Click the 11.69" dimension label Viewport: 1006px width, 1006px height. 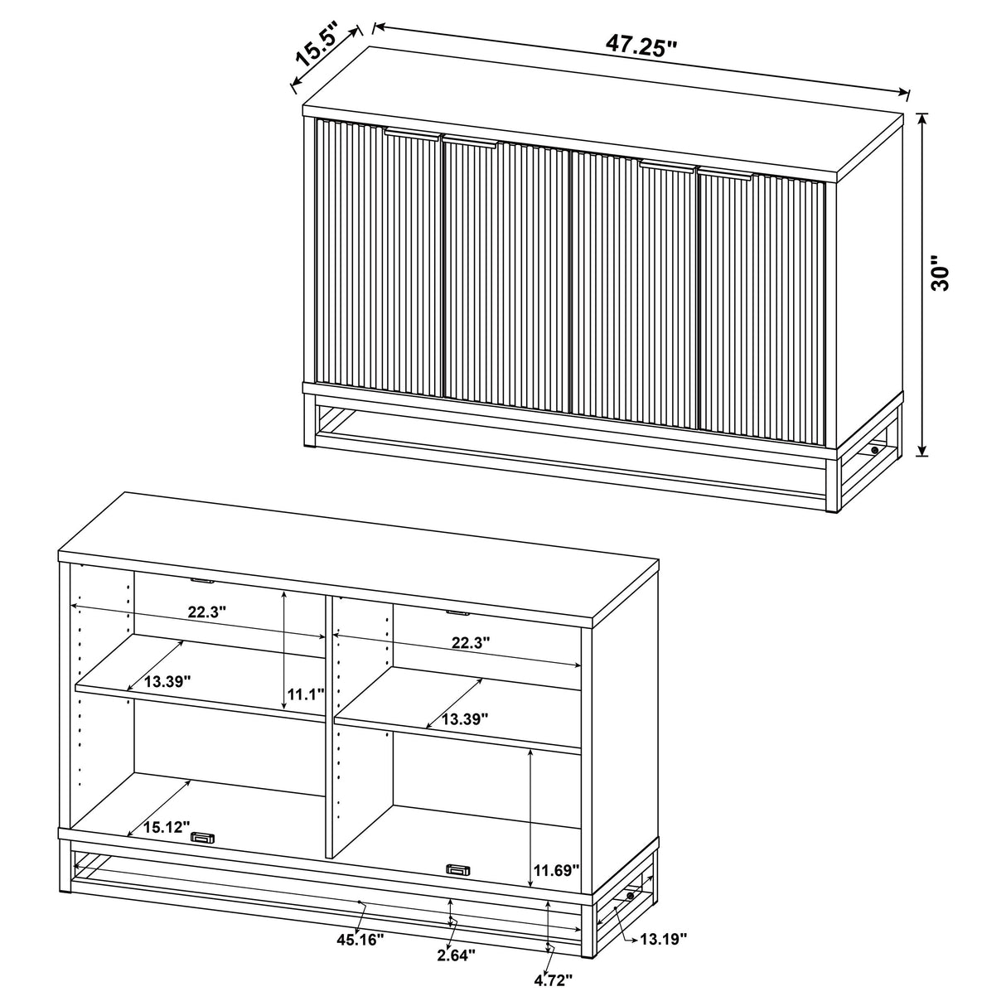(556, 869)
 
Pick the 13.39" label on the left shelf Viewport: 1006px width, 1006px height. (167, 681)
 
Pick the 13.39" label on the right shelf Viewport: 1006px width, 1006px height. (464, 718)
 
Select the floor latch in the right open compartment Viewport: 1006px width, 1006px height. (457, 868)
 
